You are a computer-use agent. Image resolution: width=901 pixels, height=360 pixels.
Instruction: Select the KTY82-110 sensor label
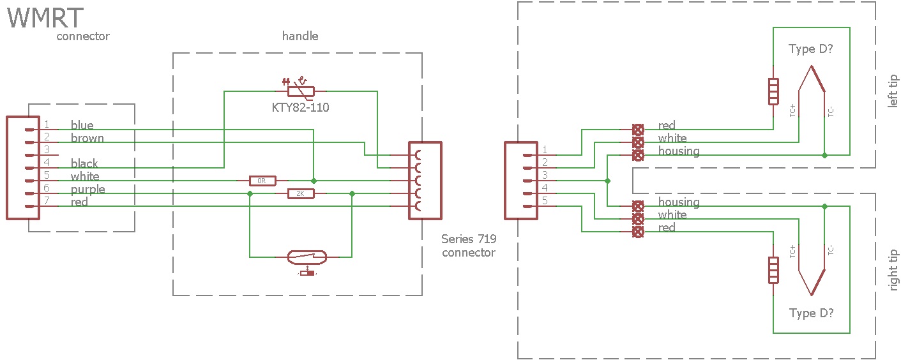click(300, 107)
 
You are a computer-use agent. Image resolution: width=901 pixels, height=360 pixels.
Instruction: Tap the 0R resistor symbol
click(262, 181)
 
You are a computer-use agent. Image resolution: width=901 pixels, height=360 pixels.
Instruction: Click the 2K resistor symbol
click(301, 193)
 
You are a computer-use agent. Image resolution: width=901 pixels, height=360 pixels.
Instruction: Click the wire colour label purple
click(87, 189)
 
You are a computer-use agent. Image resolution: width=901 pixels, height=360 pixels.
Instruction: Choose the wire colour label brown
click(87, 138)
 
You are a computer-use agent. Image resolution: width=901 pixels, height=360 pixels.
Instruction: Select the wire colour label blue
click(82, 125)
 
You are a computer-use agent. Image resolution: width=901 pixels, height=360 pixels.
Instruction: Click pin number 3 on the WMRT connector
click(47, 149)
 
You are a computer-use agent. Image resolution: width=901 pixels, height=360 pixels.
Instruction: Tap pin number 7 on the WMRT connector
click(47, 201)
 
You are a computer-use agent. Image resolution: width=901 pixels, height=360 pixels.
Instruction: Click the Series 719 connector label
click(468, 246)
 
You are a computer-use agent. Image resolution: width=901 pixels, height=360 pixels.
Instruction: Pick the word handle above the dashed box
click(300, 36)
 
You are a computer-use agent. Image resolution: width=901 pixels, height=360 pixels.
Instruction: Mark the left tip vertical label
click(893, 91)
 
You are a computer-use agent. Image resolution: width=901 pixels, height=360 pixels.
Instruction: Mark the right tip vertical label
click(893, 270)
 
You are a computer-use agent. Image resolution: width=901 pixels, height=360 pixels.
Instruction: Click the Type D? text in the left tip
click(811, 50)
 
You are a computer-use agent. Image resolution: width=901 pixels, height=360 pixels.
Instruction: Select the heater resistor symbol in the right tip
click(773, 270)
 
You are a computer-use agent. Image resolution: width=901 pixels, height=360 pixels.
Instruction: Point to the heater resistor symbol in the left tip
click(773, 91)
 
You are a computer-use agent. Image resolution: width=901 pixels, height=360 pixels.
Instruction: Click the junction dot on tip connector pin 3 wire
click(607, 181)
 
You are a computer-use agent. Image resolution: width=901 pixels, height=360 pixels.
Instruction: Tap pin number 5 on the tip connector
click(545, 201)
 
